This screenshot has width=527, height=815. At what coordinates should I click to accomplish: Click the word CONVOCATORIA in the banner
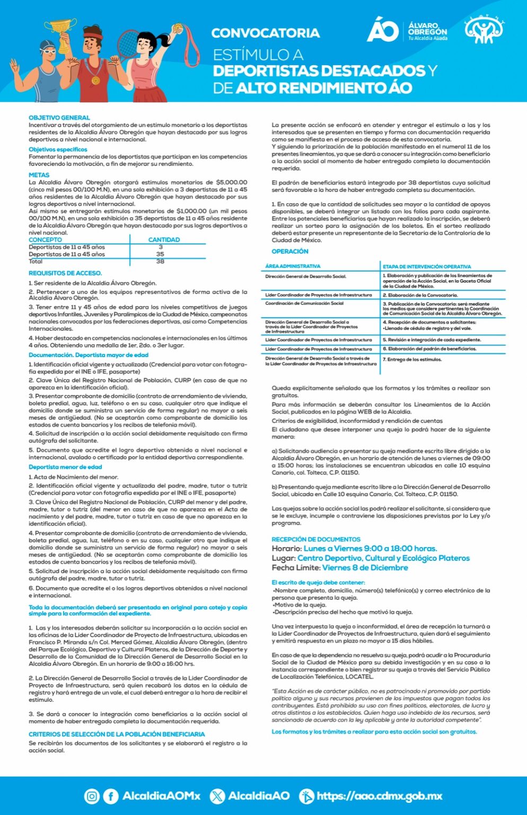point(265,33)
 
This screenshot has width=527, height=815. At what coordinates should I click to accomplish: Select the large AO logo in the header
point(382,30)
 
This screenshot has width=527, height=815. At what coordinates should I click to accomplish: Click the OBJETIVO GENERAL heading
point(59,118)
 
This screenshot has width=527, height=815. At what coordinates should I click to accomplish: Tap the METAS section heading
point(39,175)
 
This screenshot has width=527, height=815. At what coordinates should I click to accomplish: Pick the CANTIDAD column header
point(164,240)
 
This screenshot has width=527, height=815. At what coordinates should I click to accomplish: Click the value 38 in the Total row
point(160,262)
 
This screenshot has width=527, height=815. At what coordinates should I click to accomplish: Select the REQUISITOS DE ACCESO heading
point(65,273)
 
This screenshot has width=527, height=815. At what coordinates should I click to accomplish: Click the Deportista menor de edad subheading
point(65,467)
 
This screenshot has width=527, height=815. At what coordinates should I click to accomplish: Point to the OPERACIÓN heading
point(289,252)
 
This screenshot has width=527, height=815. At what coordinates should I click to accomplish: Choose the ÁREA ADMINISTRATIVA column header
point(293,266)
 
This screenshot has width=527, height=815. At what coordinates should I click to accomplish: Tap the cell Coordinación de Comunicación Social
point(304,304)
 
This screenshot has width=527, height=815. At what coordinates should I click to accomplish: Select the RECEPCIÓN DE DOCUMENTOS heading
point(316,539)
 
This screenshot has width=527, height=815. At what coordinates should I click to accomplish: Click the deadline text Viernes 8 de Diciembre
point(365,568)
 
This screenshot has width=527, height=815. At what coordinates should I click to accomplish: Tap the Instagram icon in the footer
point(92,796)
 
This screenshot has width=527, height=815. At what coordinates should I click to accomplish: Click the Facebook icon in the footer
point(110,796)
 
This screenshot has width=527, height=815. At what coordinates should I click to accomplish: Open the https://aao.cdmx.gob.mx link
point(379,796)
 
